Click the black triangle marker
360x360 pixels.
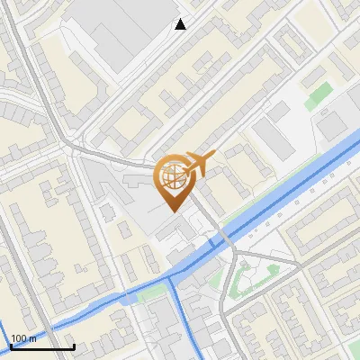pyautogui.click(x=181, y=24)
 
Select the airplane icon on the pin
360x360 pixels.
pyautogui.click(x=199, y=164)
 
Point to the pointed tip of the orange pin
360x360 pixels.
pyautogui.click(x=172, y=211)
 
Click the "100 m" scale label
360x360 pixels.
pyautogui.click(x=23, y=338)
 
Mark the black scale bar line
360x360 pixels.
pyautogui.click(x=41, y=346)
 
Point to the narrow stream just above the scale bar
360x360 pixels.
pyautogui.click(x=54, y=326)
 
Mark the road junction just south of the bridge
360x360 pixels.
pyautogui.click(x=232, y=261)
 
